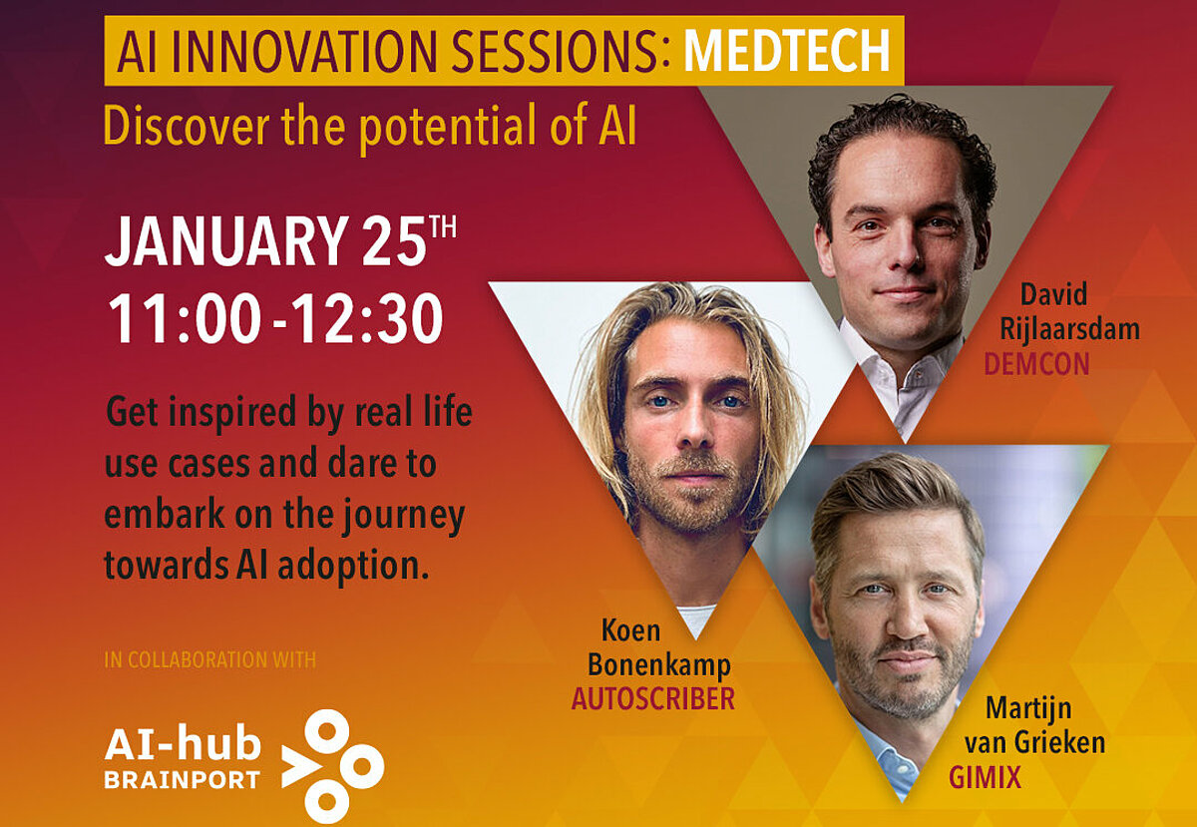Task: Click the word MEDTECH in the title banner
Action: coord(787,50)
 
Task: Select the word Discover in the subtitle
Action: coord(186,125)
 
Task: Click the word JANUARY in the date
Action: coord(226,240)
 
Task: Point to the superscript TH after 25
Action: coord(443,226)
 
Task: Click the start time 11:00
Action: coord(185,319)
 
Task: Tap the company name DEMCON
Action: coord(1036,364)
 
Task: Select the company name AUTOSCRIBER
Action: coord(653,698)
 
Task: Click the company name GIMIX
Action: coord(985,777)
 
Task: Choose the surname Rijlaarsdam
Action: coord(1069,329)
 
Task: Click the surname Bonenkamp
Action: coord(659,665)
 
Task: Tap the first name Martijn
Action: coord(1028,709)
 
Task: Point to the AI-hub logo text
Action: coord(183,742)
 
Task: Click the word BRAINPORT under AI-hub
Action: coord(183,780)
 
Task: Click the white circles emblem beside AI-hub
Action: coord(332,766)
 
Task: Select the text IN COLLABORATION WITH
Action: coord(210,659)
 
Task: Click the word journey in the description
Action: coord(403,516)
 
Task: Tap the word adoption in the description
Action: coord(353,565)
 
